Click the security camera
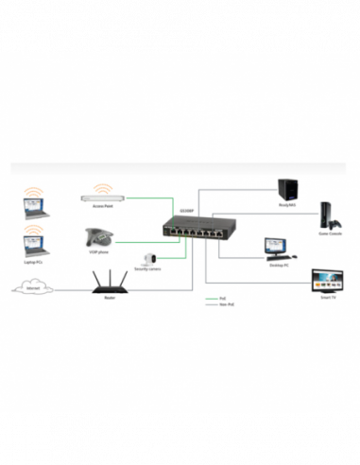point(149,258)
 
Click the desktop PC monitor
point(278,248)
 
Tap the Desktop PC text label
point(277,266)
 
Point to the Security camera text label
point(147,270)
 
